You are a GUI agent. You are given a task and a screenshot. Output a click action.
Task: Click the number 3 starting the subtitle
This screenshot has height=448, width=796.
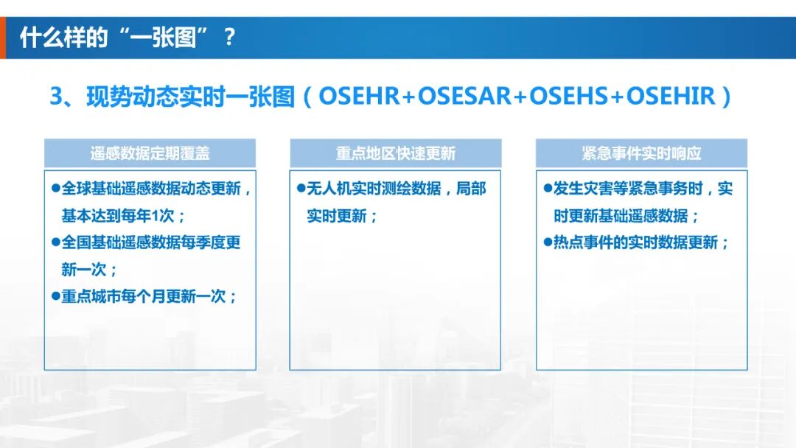tap(56, 97)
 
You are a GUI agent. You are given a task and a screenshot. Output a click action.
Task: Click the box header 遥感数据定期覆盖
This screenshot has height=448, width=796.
tap(150, 153)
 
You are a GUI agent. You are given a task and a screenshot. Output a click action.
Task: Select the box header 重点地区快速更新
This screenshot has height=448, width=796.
tap(395, 153)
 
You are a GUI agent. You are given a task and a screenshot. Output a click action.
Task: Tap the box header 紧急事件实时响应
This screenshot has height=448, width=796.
tap(641, 153)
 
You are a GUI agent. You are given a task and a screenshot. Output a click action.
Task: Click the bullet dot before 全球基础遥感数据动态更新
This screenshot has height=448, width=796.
tap(55, 188)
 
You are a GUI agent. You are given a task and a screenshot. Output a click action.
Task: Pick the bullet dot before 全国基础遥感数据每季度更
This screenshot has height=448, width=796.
tap(55, 242)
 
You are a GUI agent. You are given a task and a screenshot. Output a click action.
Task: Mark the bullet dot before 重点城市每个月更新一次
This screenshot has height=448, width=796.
tap(55, 295)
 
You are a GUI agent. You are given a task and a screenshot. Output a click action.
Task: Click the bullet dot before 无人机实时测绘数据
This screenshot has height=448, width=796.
tap(301, 188)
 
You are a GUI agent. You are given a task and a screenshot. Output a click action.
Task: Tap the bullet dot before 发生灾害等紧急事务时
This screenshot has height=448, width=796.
tap(547, 188)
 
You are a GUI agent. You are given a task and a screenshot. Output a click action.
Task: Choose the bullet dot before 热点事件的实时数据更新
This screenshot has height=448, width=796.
tap(547, 242)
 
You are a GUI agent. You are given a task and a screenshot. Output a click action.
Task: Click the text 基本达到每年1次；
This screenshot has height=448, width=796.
tap(123, 216)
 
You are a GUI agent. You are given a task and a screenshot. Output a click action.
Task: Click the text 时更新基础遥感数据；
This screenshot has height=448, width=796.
tap(626, 216)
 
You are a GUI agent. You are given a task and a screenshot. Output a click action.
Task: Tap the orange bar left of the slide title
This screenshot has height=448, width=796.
tap(3, 37)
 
